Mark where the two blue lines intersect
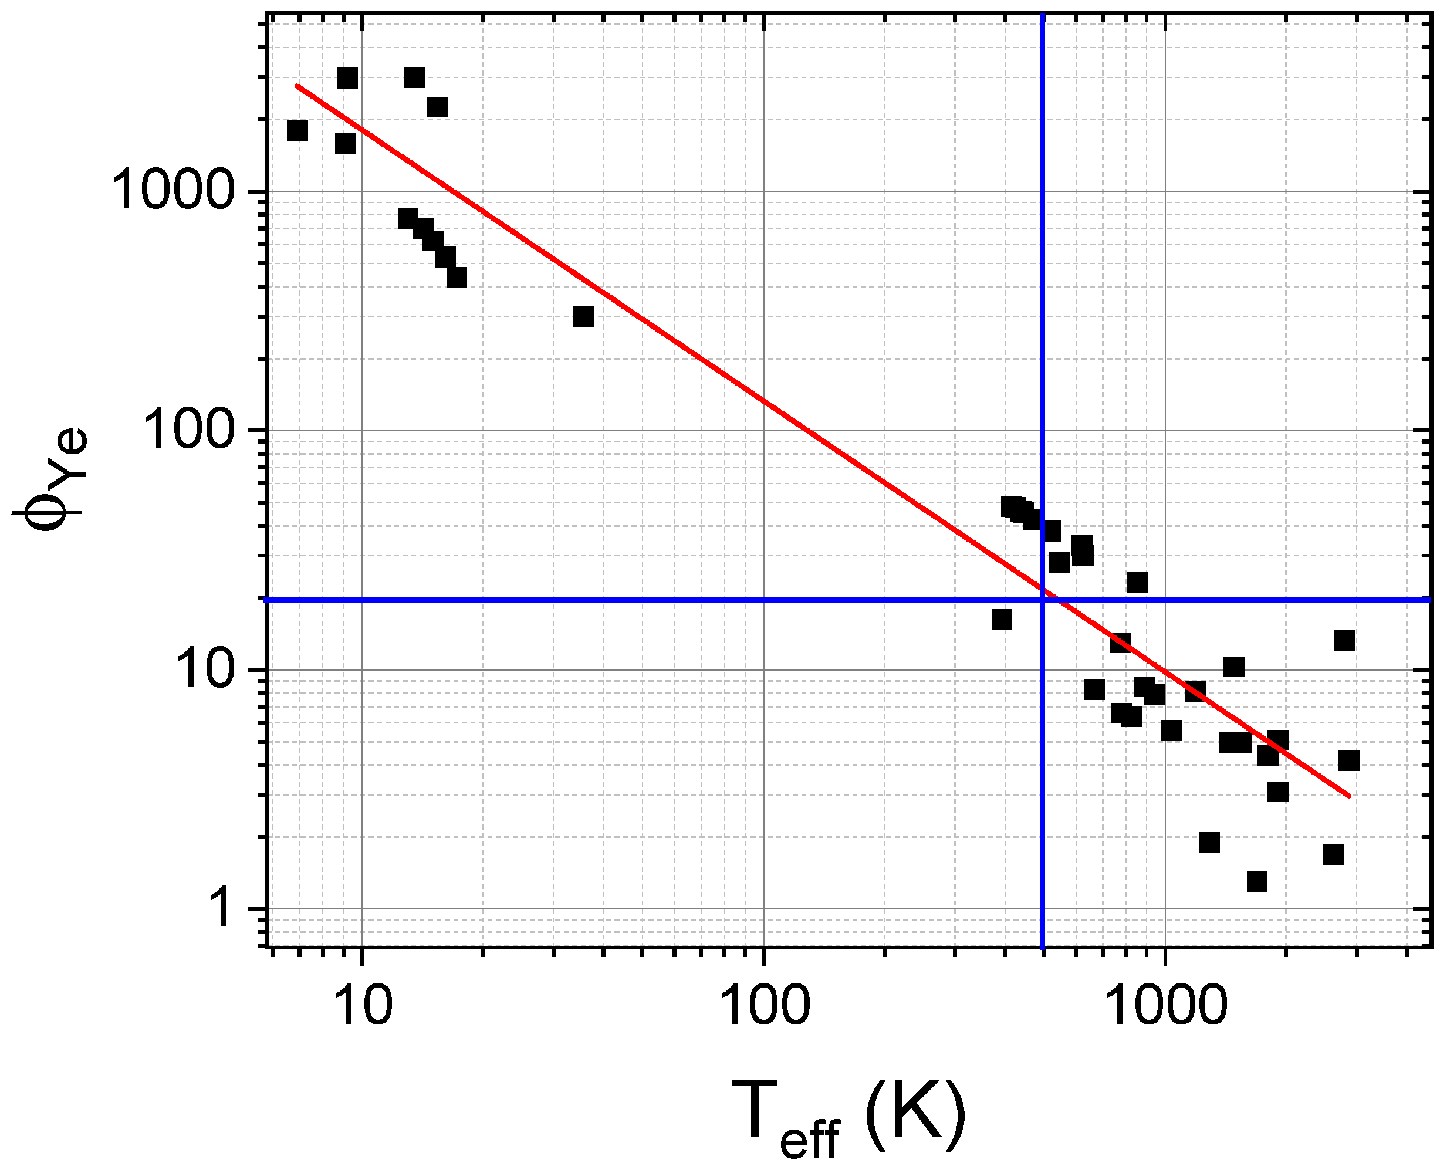pos(1043,599)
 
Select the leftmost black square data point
pos(297,130)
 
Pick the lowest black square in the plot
pos(1256,881)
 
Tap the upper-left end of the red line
pos(297,86)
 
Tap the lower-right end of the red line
pos(1349,796)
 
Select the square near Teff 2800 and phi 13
pos(1344,640)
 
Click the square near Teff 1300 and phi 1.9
pos(1209,843)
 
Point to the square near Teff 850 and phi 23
pos(1137,581)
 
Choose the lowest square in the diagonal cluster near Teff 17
pos(457,278)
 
